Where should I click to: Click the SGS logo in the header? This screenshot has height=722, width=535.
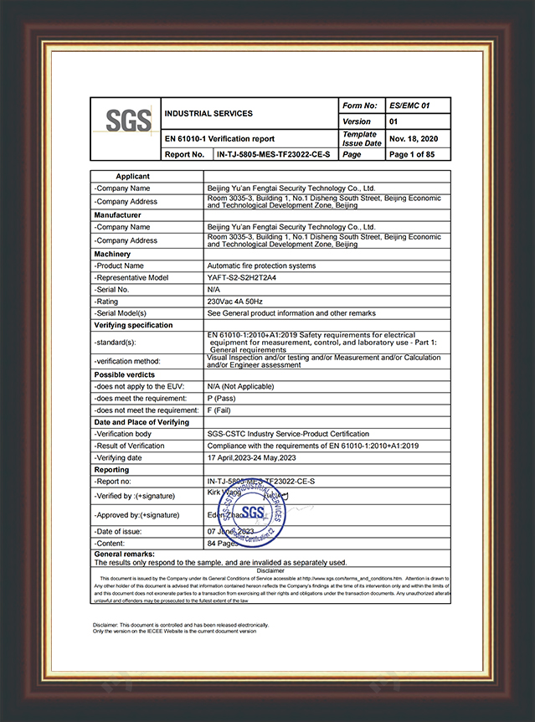click(x=127, y=121)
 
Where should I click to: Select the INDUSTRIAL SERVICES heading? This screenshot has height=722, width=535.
click(x=208, y=113)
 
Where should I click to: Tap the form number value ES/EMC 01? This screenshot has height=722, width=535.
click(x=409, y=106)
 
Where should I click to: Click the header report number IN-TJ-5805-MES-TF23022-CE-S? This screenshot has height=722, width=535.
click(x=272, y=154)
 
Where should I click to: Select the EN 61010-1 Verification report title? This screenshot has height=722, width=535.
click(x=219, y=138)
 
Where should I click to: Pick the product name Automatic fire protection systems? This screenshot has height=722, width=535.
click(x=261, y=266)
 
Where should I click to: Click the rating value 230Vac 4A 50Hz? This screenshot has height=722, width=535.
click(x=236, y=301)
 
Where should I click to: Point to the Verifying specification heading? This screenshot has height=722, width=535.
click(x=134, y=325)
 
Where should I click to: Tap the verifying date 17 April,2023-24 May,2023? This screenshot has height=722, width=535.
click(x=260, y=458)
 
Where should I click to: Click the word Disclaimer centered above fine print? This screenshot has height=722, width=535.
click(x=270, y=570)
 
